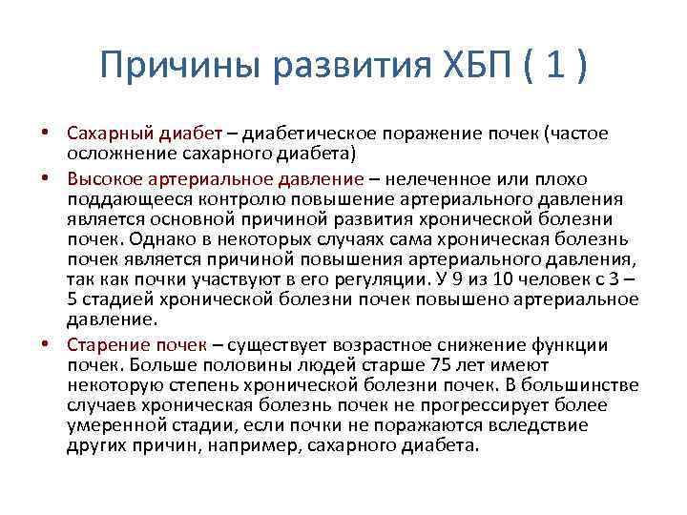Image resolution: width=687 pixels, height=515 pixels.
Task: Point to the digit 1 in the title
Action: tap(553, 67)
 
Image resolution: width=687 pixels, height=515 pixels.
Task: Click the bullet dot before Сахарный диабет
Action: tap(57, 134)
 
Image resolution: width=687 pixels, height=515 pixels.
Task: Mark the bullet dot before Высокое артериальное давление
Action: tap(57, 178)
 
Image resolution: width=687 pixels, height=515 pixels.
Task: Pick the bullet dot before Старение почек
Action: tap(57, 343)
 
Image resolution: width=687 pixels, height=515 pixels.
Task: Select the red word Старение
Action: tap(108, 343)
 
